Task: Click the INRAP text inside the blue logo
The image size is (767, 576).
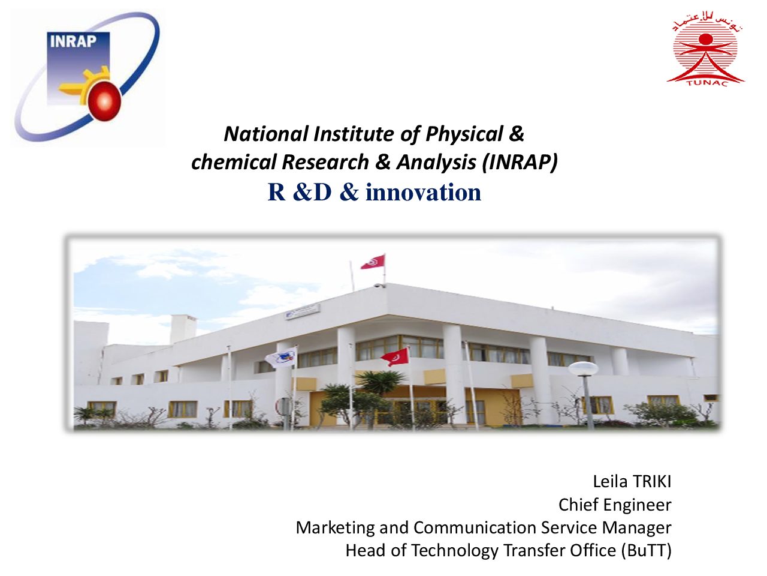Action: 73,41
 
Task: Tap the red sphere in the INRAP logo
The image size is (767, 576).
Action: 104,101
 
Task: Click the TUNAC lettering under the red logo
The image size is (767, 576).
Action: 707,83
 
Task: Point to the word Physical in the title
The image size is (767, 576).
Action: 464,134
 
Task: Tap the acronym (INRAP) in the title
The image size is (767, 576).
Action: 520,163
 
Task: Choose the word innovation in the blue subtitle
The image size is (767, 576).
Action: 423,193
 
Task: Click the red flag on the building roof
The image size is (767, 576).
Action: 373,262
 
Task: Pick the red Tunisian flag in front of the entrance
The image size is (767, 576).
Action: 395,357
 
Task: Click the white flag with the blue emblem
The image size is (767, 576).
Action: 281,358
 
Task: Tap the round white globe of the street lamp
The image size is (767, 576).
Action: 583,369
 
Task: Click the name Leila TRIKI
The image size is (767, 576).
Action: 632,482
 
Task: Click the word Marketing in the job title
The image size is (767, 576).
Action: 335,528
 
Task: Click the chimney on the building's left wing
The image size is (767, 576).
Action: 183,328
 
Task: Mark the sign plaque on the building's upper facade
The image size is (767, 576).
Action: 302,311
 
